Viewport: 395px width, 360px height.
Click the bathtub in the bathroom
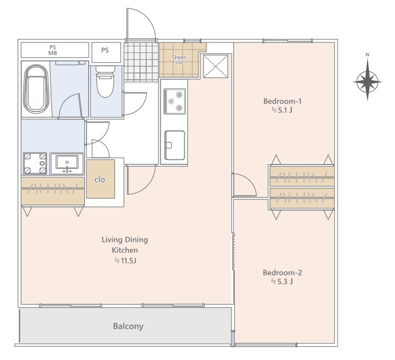click(x=36, y=89)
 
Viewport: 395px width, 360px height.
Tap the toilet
click(x=105, y=81)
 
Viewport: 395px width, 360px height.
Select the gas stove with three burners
click(x=175, y=101)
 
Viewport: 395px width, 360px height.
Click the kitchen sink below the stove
click(x=175, y=145)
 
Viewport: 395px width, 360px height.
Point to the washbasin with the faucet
click(x=67, y=164)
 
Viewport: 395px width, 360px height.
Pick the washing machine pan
click(x=35, y=163)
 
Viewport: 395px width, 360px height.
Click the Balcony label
click(x=128, y=327)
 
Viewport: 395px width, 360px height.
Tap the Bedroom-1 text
click(x=282, y=101)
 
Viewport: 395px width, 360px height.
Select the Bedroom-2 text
click(x=282, y=273)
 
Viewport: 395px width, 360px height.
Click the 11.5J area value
click(x=126, y=260)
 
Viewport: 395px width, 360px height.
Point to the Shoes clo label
click(x=179, y=60)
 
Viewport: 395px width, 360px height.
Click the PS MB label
click(x=52, y=50)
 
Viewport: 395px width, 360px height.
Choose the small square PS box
click(x=107, y=52)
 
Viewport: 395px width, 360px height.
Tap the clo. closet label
click(x=100, y=179)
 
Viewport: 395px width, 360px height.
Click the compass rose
click(x=367, y=82)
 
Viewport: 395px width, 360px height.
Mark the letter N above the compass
click(x=368, y=55)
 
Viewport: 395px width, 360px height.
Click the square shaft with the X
click(x=216, y=66)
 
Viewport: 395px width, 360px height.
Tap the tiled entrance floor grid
click(x=141, y=62)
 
